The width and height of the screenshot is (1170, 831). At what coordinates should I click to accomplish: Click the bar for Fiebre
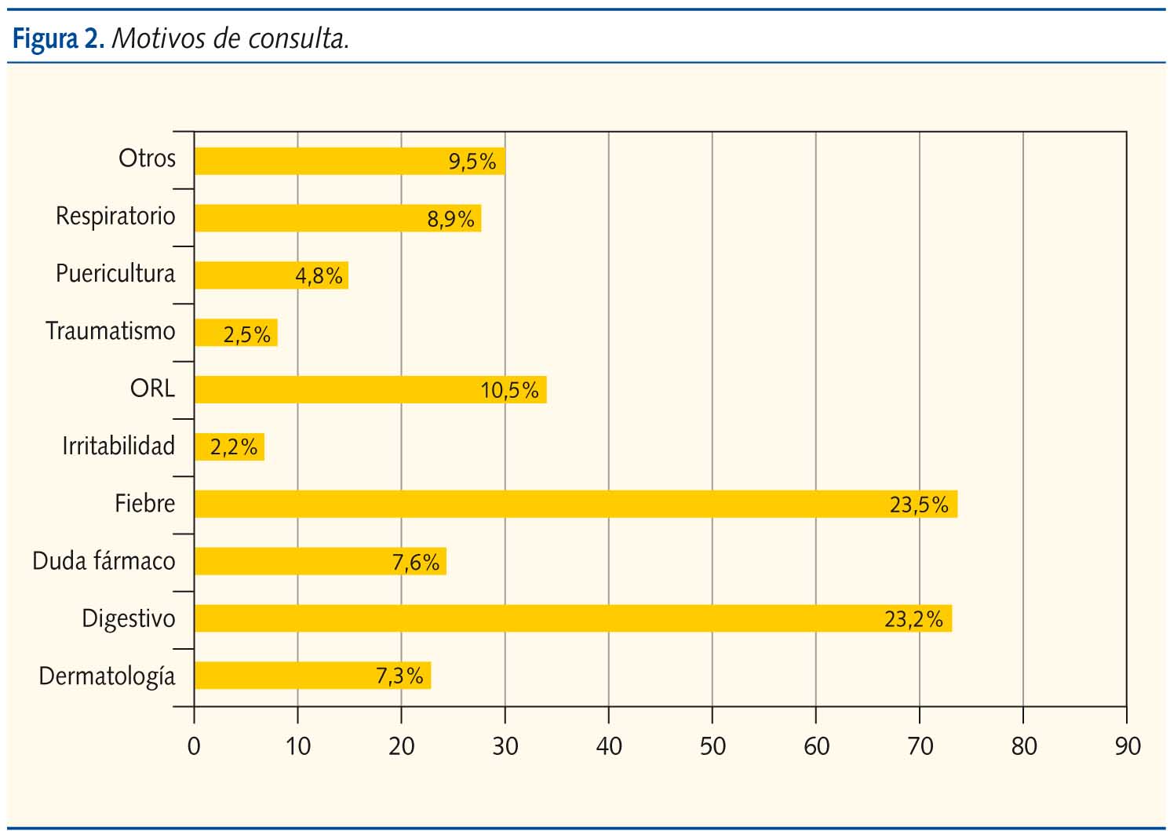(575, 504)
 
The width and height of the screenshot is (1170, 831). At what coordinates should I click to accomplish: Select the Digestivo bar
(573, 618)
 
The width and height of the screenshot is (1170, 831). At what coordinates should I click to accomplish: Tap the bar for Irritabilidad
(229, 446)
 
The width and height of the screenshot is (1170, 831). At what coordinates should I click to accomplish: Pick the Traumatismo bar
(235, 333)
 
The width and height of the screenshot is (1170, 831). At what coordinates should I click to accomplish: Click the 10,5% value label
(509, 390)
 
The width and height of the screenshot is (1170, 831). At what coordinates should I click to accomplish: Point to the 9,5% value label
(472, 162)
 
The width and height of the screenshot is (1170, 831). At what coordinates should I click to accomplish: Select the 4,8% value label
(319, 276)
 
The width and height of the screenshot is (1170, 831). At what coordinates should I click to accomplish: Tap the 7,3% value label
(399, 676)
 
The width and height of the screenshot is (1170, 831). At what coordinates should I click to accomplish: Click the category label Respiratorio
(115, 216)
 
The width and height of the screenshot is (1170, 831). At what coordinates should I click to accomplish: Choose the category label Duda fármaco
(104, 561)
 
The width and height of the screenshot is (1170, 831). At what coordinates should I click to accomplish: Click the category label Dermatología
(107, 676)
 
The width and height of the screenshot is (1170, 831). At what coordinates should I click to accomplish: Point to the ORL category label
(152, 388)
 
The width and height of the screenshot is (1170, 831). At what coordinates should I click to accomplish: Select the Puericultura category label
(115, 273)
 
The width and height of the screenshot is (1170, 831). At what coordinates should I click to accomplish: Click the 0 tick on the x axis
(194, 745)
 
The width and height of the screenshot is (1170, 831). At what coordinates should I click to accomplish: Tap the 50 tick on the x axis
(713, 745)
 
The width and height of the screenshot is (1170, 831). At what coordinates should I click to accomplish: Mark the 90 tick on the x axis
(1127, 745)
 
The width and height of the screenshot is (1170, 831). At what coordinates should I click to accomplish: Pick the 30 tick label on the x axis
(505, 745)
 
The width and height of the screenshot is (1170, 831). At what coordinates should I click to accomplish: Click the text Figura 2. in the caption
(58, 38)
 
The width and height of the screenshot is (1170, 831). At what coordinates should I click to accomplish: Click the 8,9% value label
(450, 219)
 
